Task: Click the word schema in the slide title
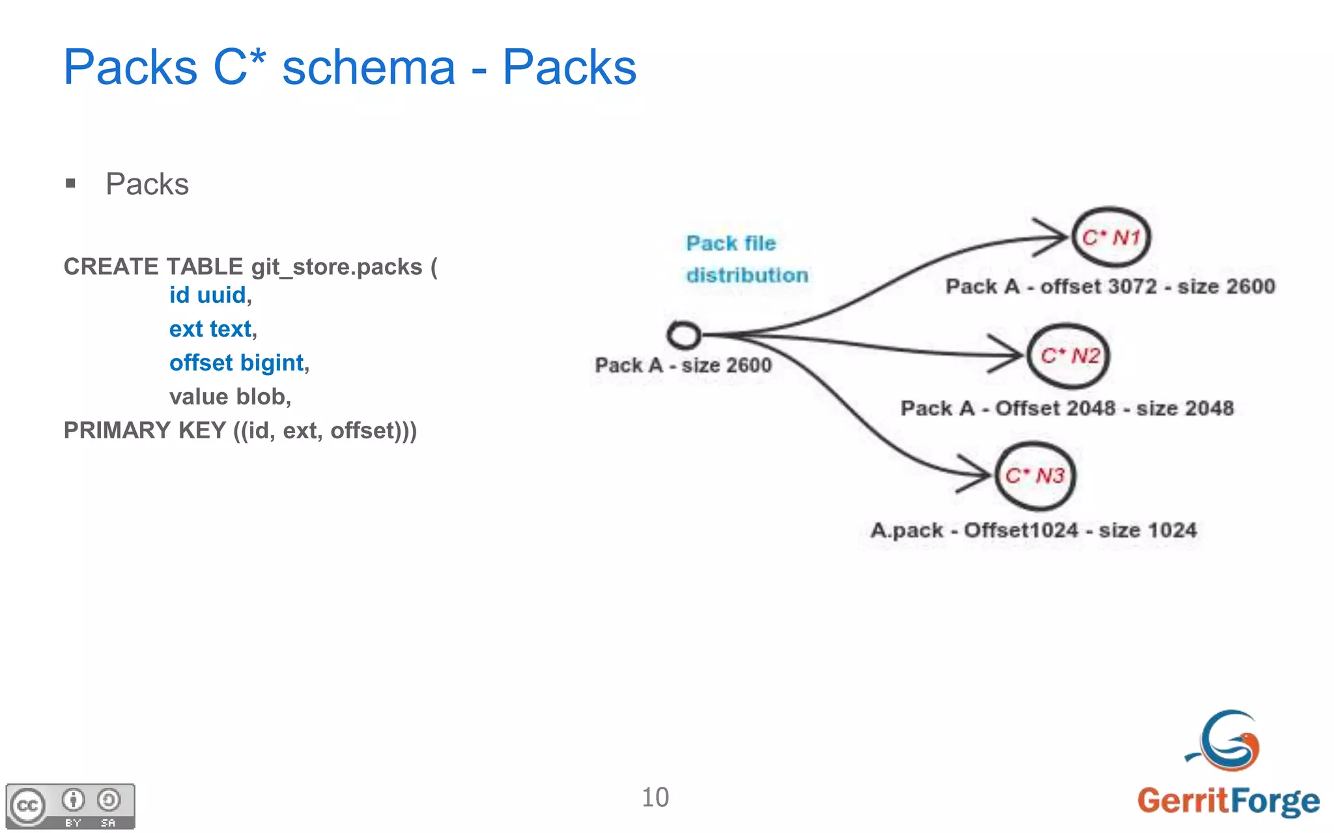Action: (368, 68)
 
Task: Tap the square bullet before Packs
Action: (71, 184)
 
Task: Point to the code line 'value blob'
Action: (229, 397)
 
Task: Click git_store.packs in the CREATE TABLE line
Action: (337, 267)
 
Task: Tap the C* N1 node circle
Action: (1111, 237)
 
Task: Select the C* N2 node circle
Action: (1068, 356)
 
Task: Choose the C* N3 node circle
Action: (1034, 475)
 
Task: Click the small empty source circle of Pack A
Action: (684, 335)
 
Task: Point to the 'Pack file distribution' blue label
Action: (746, 259)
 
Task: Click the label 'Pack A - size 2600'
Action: (683, 365)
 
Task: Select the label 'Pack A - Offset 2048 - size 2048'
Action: (1066, 408)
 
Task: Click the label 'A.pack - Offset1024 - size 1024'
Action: (1033, 530)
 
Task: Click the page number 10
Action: (655, 797)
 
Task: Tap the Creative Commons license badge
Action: (70, 806)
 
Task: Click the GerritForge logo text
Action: (1228, 800)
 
